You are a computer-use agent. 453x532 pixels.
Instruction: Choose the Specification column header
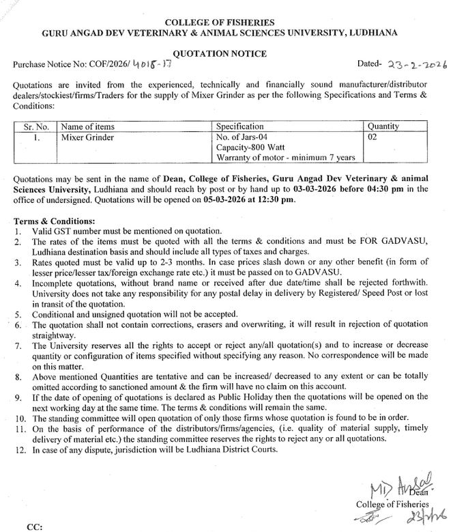(x=239, y=126)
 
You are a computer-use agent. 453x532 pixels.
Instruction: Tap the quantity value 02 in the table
(x=373, y=137)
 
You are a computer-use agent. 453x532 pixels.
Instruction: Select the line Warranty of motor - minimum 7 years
(x=285, y=158)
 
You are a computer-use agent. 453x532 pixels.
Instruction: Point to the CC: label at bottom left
(x=34, y=527)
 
